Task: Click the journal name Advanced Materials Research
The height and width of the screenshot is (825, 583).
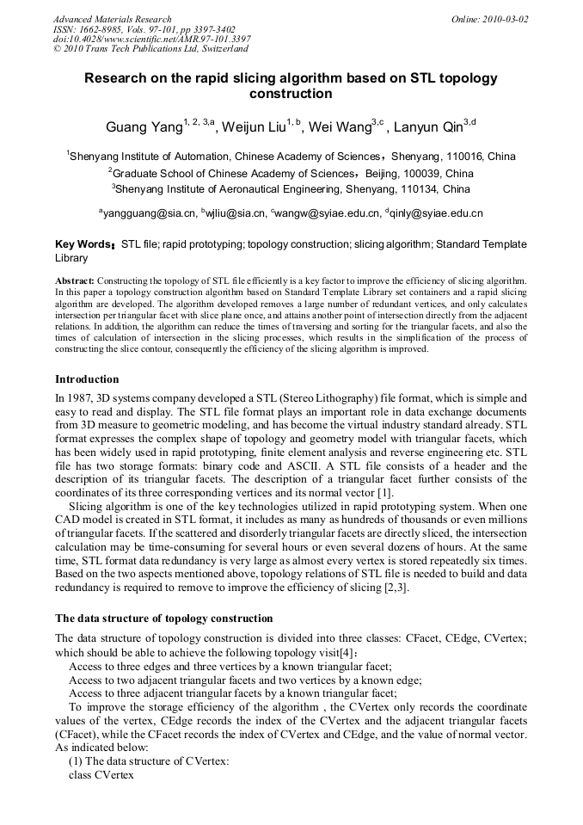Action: (113, 19)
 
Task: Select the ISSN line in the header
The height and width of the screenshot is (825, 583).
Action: (144, 29)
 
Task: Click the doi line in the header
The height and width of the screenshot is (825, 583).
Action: (152, 39)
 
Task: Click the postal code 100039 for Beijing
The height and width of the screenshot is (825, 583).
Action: (415, 173)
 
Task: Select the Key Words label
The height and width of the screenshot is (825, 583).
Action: (85, 244)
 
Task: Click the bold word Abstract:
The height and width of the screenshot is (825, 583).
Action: (75, 281)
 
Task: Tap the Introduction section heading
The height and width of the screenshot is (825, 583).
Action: (87, 379)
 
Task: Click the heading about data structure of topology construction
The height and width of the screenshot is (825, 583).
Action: (163, 619)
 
